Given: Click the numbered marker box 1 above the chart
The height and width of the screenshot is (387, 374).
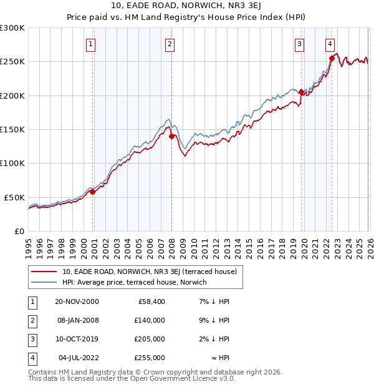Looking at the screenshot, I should (x=91, y=44).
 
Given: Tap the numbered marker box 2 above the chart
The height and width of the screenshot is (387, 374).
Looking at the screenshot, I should (x=170, y=44).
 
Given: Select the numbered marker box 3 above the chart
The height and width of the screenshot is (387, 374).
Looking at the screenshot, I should (x=300, y=44).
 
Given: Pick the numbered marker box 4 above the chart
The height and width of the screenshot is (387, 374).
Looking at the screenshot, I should (x=330, y=44).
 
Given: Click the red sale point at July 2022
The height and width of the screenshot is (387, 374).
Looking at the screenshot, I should (x=332, y=59).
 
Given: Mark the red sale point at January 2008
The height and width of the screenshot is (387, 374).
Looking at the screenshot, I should (x=171, y=136).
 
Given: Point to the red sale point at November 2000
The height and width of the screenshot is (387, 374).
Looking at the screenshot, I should (x=93, y=192).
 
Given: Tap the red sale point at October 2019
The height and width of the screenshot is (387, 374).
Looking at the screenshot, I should (x=301, y=92).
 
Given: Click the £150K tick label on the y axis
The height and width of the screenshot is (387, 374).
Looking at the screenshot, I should (x=12, y=129).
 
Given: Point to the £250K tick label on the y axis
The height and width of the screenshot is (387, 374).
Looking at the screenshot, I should (x=12, y=62).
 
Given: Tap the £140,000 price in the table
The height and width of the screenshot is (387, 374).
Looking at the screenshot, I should (x=150, y=320).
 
